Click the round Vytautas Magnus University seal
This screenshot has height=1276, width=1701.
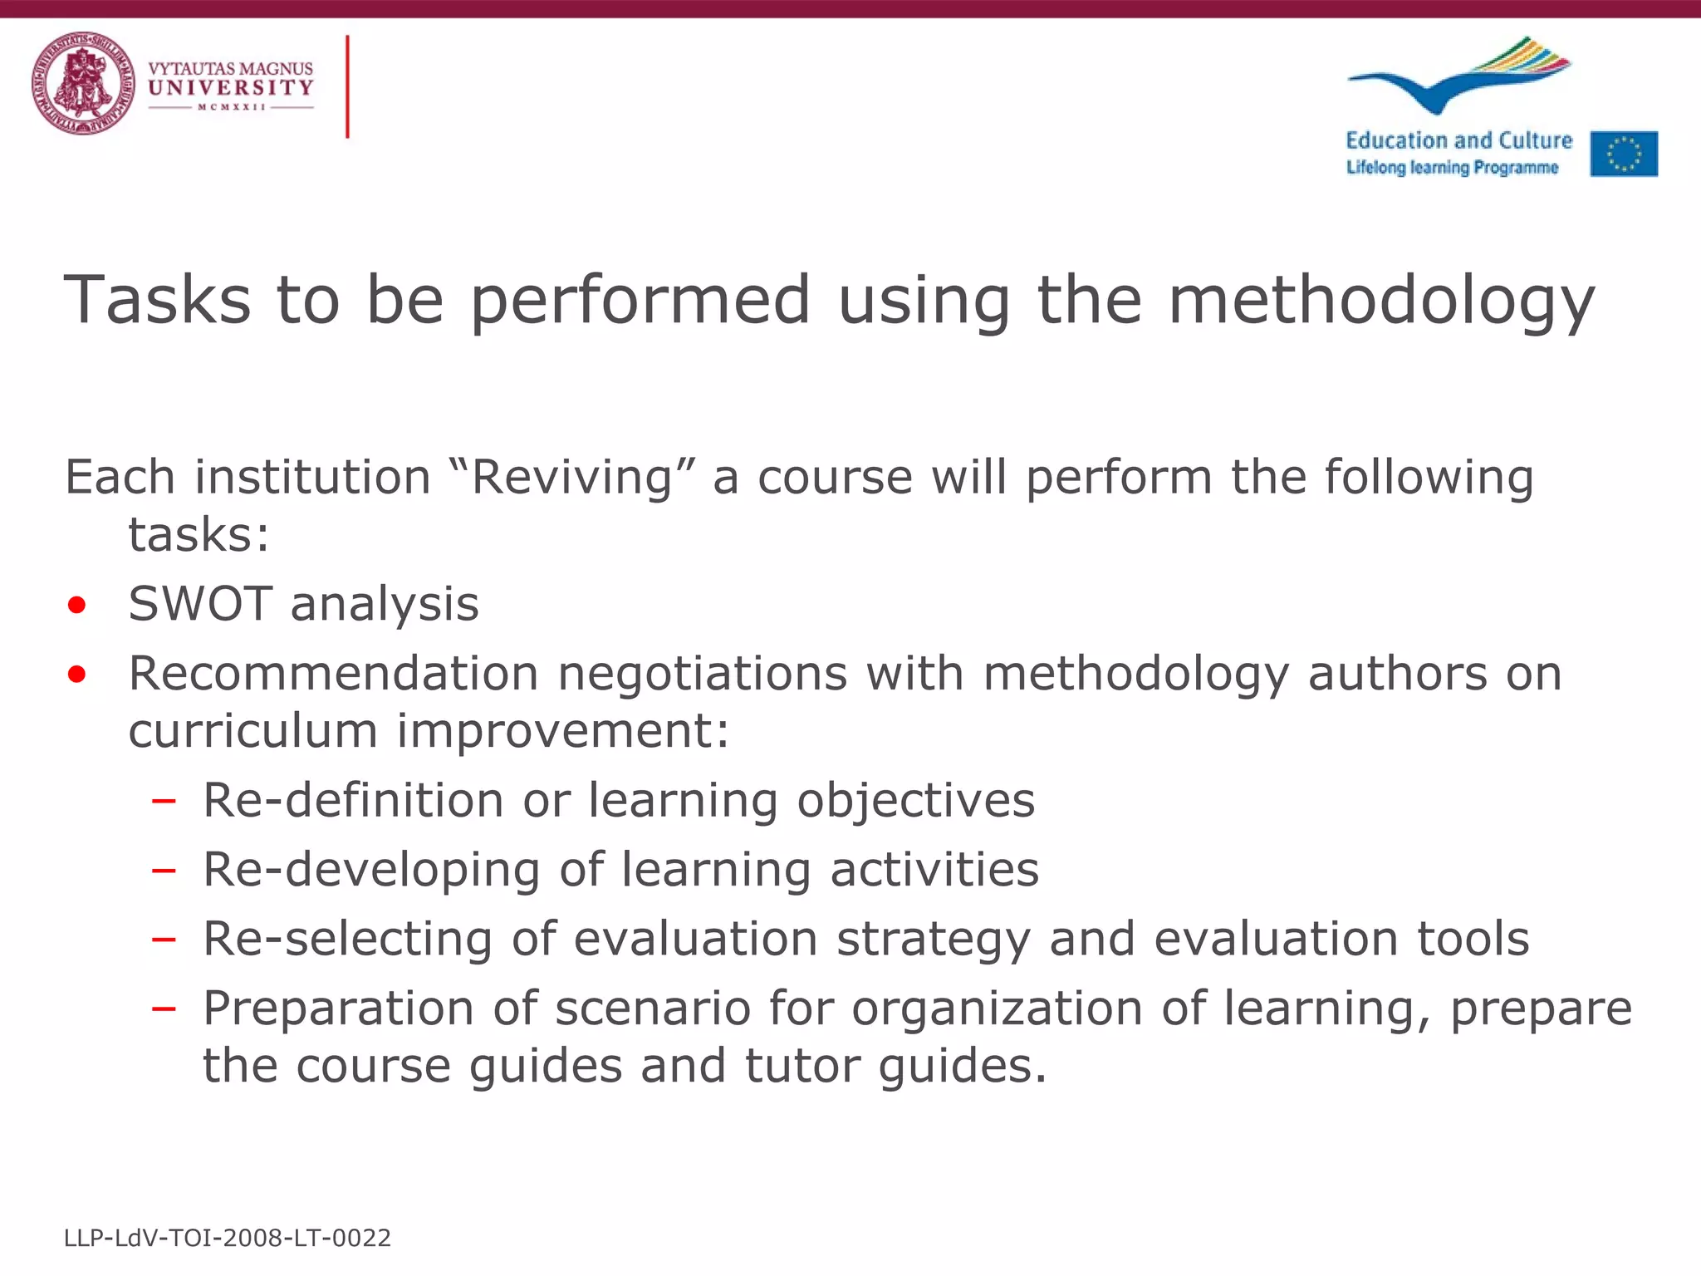click(x=83, y=84)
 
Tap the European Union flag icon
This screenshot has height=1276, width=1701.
click(x=1624, y=154)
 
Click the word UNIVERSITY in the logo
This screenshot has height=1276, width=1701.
click(x=231, y=87)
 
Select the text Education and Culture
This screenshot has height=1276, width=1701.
click(x=1458, y=140)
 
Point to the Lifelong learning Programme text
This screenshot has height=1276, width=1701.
click(x=1452, y=168)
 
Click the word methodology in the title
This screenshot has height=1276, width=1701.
click(x=1381, y=301)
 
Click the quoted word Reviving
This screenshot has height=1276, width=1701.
click(x=571, y=478)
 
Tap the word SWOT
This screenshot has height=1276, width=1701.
click(x=200, y=603)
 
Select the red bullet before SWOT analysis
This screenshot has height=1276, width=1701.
click(x=77, y=605)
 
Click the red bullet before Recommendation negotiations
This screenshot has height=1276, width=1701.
click(x=77, y=674)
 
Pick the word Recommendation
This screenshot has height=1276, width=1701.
click(x=333, y=673)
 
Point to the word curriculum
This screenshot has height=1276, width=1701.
click(x=253, y=731)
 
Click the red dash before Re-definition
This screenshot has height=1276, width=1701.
click(x=164, y=802)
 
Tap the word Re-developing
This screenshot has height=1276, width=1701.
click(x=371, y=871)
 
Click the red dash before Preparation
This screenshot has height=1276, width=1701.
click(x=164, y=1009)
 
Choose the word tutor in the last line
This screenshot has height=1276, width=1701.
click(x=801, y=1066)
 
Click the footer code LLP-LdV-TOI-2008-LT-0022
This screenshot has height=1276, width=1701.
click(x=228, y=1239)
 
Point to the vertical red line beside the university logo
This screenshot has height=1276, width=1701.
click(x=347, y=86)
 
